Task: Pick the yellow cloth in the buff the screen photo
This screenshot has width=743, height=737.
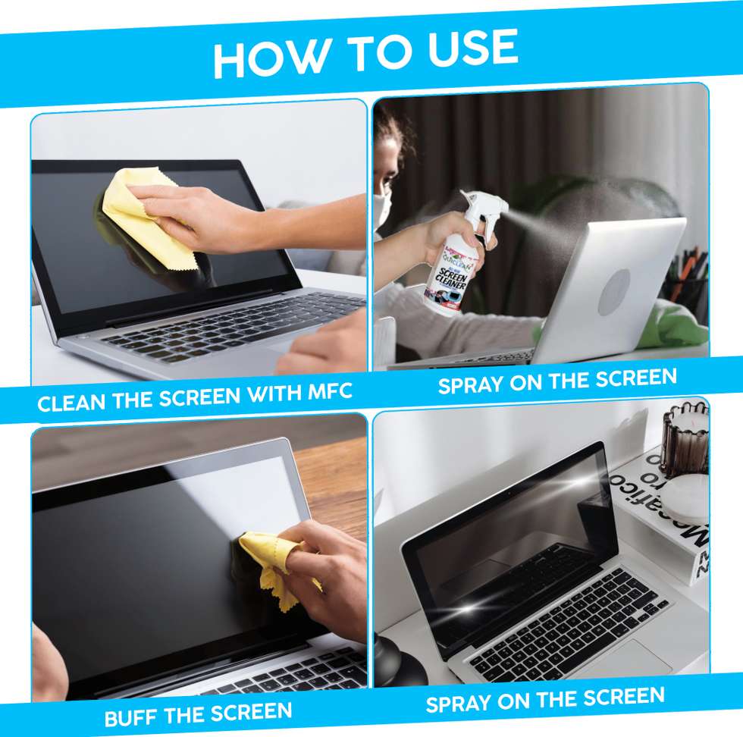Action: click(269, 565)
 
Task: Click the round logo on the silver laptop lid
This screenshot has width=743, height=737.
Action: click(615, 292)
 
